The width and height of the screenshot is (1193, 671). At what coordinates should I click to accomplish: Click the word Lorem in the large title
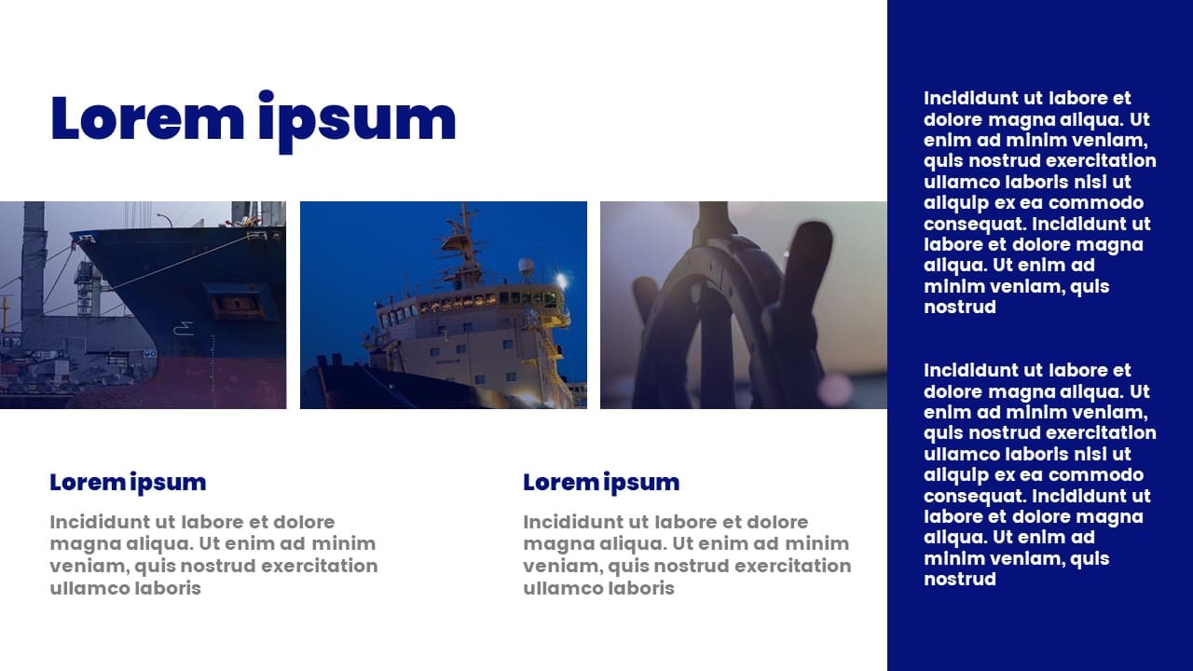(147, 118)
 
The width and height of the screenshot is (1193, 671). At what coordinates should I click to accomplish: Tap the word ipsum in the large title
(357, 122)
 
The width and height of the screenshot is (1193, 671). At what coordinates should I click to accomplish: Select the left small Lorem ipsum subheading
(128, 483)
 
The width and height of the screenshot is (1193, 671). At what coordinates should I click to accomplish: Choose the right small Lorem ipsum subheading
(601, 483)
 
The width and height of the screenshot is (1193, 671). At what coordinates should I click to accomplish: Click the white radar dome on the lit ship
(527, 267)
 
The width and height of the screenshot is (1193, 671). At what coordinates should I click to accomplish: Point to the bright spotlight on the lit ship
(561, 280)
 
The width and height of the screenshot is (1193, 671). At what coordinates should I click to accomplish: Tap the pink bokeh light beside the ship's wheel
(834, 388)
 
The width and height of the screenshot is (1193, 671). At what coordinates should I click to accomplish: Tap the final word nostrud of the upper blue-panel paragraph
(960, 308)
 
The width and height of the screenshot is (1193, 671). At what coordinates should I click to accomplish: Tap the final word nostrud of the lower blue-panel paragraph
(960, 580)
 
